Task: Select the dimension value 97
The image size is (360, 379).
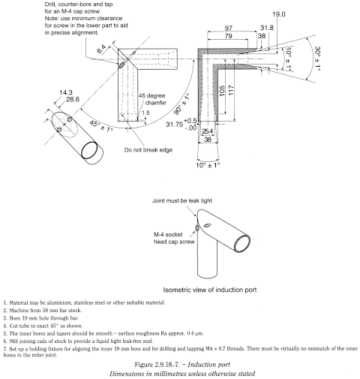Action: pyautogui.click(x=227, y=27)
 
